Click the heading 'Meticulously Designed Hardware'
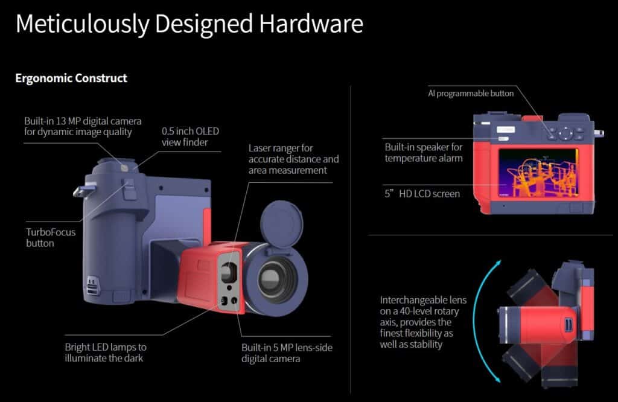tap(189, 24)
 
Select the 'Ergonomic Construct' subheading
tap(71, 78)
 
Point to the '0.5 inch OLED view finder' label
tap(190, 136)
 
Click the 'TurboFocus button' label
tap(51, 237)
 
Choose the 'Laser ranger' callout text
tap(294, 159)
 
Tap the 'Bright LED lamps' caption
tap(106, 353)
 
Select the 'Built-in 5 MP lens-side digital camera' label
tap(287, 353)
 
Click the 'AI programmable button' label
tap(471, 94)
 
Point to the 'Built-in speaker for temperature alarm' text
tap(424, 153)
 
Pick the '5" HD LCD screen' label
tap(422, 194)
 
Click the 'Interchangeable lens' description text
tap(423, 322)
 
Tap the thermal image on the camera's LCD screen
tap(538, 173)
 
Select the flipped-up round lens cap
tap(281, 224)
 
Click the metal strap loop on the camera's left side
tap(83, 191)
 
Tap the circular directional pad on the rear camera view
tap(565, 133)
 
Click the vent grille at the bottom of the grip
tap(92, 285)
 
